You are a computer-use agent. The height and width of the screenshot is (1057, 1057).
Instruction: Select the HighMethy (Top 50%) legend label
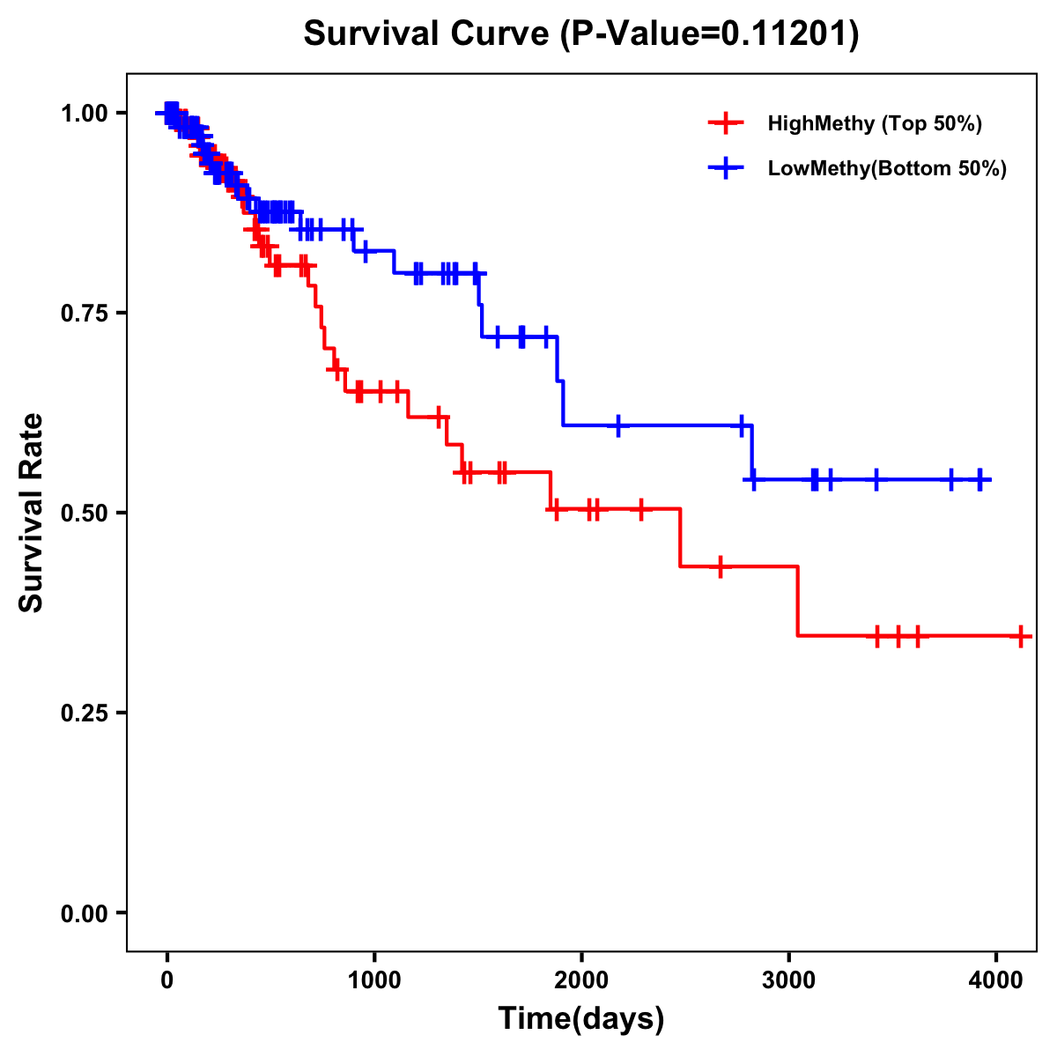874,123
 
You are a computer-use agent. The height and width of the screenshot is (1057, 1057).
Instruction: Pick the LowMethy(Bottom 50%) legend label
887,168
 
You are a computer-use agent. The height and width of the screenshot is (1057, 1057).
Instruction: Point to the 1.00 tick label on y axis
84,114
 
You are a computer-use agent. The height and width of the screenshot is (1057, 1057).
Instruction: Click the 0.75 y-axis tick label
84,314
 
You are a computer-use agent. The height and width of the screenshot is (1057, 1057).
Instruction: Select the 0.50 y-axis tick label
84,514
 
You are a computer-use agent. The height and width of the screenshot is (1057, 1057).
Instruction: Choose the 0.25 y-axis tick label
84,713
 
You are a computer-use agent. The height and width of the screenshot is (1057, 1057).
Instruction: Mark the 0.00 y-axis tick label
84,913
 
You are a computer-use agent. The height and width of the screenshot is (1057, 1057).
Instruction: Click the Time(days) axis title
581,1019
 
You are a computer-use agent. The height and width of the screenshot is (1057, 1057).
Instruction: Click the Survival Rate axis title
32,513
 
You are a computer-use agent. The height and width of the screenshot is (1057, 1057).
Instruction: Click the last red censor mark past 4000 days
1020,636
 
